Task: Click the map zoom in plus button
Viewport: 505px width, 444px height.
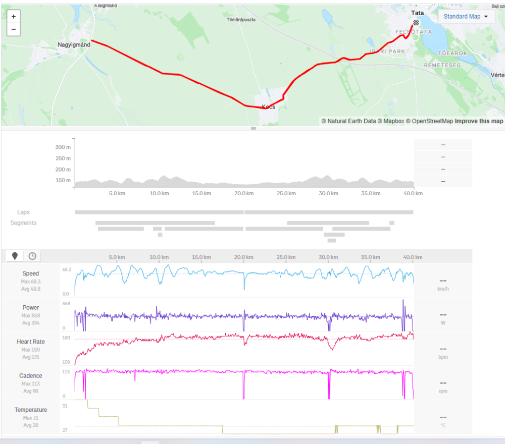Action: coord(13,17)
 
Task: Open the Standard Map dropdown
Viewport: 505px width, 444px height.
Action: coord(466,17)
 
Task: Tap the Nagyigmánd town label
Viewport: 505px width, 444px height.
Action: coord(74,45)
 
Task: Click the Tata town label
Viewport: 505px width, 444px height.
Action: coord(418,13)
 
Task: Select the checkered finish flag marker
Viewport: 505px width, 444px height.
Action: coord(416,23)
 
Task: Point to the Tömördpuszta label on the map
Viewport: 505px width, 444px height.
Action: coord(241,20)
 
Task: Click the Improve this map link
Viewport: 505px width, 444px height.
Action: coord(479,121)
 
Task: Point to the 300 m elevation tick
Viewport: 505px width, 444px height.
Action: coord(63,147)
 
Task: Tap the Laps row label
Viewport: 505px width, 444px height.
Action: coord(24,212)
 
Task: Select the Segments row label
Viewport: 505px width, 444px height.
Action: coord(24,223)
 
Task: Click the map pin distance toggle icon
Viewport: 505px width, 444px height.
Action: coord(15,256)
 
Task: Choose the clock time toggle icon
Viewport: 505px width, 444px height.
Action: coord(32,256)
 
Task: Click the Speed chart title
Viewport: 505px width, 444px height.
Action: coord(31,273)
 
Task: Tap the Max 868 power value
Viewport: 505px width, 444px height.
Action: coord(31,315)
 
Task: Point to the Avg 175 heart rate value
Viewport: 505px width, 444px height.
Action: coord(31,357)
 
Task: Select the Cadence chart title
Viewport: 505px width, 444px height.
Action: coord(31,376)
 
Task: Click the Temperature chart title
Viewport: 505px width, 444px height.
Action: coord(31,410)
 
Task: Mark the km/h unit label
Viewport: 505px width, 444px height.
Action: coord(443,290)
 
